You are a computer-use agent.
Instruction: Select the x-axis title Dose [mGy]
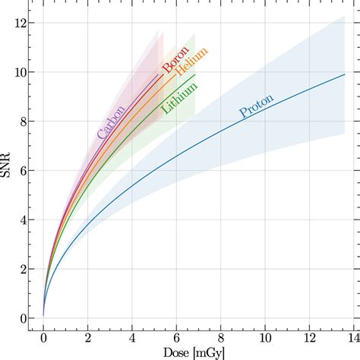click(194, 353)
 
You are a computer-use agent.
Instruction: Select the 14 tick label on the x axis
click(354, 338)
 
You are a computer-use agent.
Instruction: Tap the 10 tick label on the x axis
click(265, 338)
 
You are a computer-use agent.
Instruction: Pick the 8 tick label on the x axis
click(221, 338)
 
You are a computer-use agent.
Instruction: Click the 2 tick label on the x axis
click(88, 338)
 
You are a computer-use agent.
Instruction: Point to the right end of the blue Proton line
click(345, 74)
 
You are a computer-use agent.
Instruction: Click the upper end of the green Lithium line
click(195, 74)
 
